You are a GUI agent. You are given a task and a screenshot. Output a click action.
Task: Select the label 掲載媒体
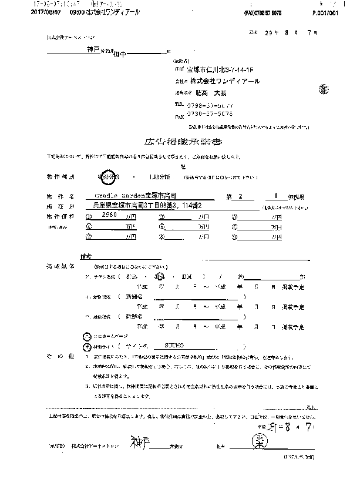tap(61, 266)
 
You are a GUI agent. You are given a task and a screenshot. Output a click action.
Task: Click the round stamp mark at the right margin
tap(324, 89)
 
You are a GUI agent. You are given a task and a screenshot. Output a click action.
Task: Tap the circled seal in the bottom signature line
tap(258, 441)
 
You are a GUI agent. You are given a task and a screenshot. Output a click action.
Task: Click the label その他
tap(60, 356)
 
